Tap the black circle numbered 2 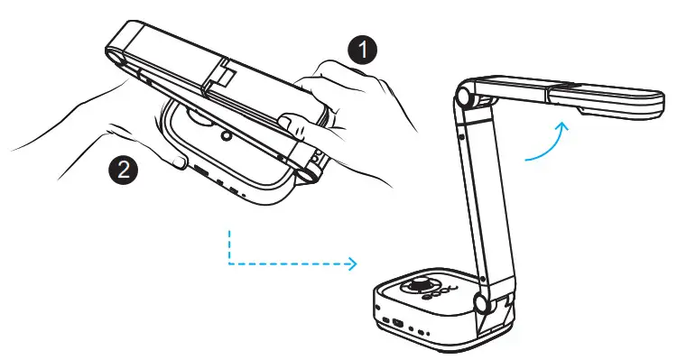coord(121,168)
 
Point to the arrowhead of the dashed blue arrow coord(353,264)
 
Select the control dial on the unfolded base coord(422,286)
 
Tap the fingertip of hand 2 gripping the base coord(177,162)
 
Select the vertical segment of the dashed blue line coord(229,245)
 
